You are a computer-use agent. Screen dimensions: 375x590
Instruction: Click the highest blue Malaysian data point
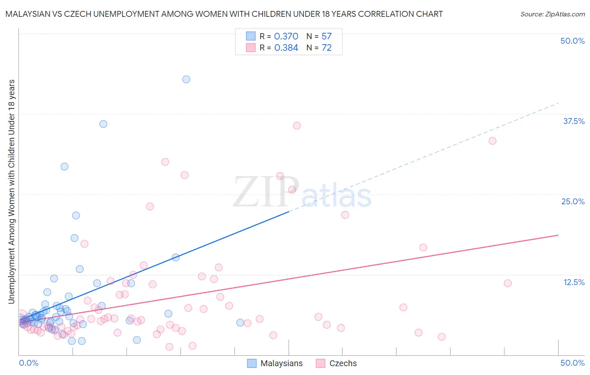186,79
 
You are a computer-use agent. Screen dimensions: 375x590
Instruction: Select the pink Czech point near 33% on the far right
492,141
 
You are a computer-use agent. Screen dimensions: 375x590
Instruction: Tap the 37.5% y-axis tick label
574,121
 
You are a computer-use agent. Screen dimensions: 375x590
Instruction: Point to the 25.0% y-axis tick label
573,201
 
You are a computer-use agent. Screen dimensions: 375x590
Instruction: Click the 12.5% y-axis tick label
574,282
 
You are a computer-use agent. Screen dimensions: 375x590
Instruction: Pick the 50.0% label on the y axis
572,41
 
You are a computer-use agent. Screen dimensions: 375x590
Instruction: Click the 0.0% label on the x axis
29,363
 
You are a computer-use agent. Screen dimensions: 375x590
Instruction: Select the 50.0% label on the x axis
572,363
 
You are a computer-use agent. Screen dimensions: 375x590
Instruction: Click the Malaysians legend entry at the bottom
281,363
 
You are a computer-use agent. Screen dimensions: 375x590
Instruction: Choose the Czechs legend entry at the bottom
343,363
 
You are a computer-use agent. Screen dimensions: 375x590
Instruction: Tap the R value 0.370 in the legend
286,37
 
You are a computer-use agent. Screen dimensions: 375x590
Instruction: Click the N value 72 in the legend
326,48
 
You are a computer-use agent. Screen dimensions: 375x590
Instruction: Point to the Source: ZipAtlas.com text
552,14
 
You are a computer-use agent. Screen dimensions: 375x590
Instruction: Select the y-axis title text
11,191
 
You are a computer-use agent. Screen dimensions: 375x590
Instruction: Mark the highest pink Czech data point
297,126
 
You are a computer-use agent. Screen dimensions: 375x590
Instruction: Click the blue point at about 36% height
103,124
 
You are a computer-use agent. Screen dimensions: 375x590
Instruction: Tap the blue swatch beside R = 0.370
251,36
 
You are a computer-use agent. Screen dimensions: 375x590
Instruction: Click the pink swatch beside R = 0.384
251,48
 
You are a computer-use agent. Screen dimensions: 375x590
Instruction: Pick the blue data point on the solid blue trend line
175,257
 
